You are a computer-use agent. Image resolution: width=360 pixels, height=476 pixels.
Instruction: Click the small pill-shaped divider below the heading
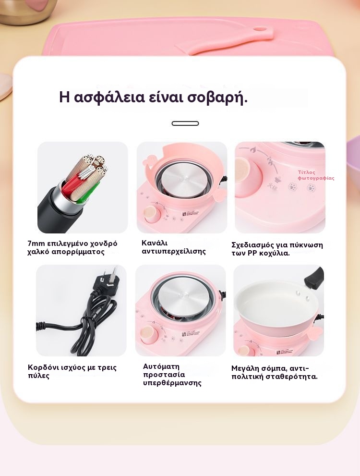[x=185, y=123]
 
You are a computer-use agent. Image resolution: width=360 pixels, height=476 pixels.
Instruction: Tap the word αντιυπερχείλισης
[x=174, y=251]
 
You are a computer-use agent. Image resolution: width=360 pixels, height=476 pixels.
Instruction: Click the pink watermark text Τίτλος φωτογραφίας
[x=316, y=175]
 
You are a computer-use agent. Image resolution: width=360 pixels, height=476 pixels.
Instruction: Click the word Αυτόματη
[x=161, y=366]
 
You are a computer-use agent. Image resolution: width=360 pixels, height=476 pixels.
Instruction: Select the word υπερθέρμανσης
[x=172, y=383]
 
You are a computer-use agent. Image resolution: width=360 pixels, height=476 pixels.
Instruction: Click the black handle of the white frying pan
[x=313, y=277]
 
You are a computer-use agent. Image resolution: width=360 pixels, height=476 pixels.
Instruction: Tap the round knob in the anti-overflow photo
[x=152, y=214]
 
